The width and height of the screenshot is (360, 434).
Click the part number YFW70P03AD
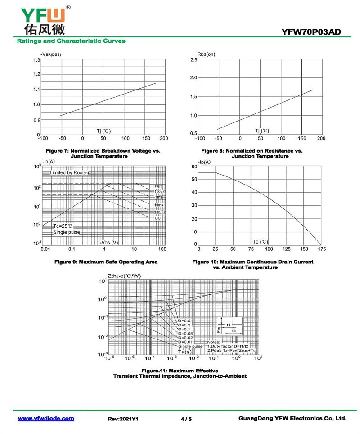click(x=311, y=32)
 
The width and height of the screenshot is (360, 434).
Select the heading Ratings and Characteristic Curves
click(x=71, y=41)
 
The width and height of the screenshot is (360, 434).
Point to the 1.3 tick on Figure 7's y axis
click(x=36, y=60)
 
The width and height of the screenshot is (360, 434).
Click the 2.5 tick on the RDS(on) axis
click(x=193, y=60)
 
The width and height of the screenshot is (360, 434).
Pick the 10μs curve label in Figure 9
click(x=158, y=186)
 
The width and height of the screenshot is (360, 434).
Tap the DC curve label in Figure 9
click(x=158, y=218)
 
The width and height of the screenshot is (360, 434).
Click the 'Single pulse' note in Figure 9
click(x=67, y=232)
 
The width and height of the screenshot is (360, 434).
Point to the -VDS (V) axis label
click(x=109, y=243)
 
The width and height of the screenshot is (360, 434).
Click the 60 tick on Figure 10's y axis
click(x=194, y=167)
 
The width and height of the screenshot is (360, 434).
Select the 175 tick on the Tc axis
click(x=322, y=249)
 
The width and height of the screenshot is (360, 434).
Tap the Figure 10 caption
click(x=252, y=264)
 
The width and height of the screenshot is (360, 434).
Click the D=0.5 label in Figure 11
click(x=184, y=321)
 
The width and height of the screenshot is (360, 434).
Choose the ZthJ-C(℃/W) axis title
click(x=124, y=276)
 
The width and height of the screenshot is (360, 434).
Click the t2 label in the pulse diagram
click(x=234, y=330)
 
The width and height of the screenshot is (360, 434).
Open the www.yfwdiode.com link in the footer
click(x=46, y=419)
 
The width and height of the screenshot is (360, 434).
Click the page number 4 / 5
click(x=186, y=419)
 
